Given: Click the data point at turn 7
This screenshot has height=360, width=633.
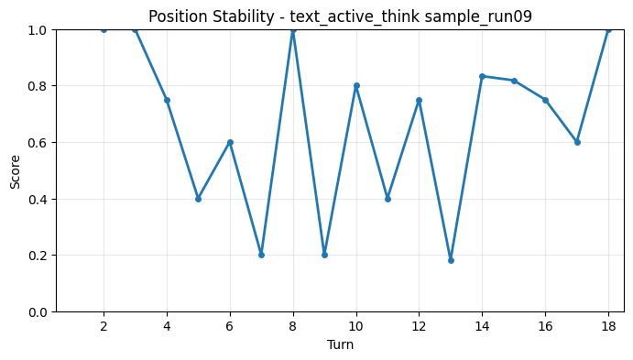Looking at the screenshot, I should (x=261, y=255).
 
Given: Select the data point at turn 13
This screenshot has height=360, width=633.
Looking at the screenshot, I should (x=451, y=260).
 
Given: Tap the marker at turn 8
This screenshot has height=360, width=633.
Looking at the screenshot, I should (x=293, y=29).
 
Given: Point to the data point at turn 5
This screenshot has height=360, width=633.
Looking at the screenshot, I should (x=198, y=199).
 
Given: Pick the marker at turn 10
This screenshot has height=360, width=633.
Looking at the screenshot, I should (x=356, y=86).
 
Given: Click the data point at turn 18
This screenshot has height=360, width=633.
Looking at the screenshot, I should (x=608, y=29).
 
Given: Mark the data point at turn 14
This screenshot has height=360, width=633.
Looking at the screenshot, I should (x=482, y=76).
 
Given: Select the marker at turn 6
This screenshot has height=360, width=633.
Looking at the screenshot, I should (x=230, y=142).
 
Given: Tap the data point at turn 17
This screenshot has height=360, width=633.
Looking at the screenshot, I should (x=577, y=142).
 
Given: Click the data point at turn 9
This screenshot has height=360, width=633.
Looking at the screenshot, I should (x=324, y=255).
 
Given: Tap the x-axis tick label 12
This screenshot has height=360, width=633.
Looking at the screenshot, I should (x=419, y=326).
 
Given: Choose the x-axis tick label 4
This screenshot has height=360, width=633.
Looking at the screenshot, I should (x=167, y=326).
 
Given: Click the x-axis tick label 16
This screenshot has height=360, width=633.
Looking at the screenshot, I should (x=545, y=326).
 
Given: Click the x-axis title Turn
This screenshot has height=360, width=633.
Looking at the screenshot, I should (x=340, y=344).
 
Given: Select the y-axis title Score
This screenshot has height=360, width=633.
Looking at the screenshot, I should (x=15, y=170).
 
